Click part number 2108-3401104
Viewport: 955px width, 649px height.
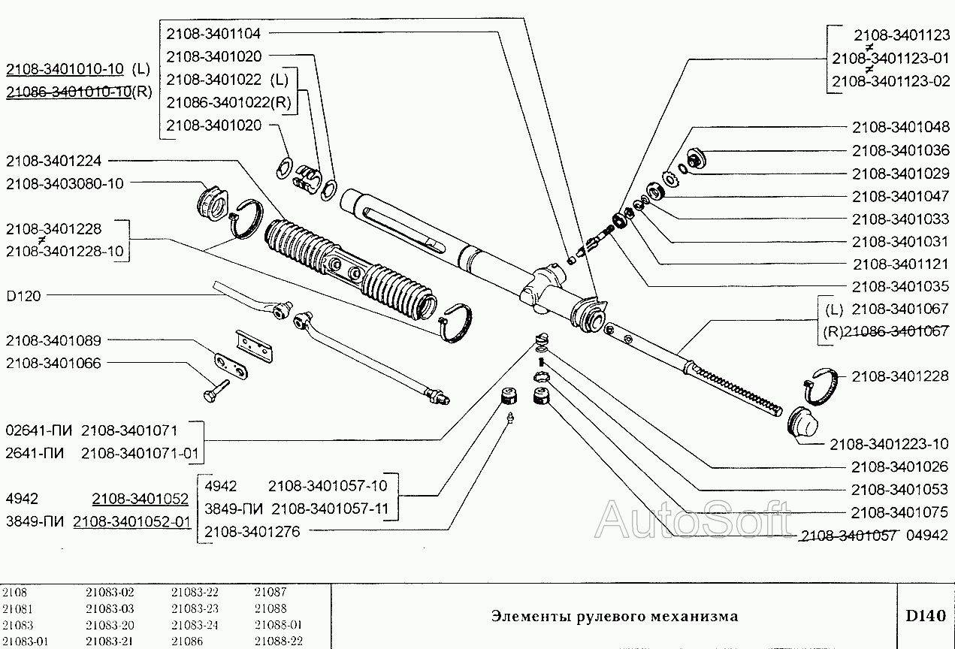(x=213, y=33)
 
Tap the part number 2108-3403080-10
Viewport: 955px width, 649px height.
(x=65, y=183)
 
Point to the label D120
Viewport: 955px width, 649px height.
(x=23, y=296)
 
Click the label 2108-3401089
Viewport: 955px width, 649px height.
(x=53, y=340)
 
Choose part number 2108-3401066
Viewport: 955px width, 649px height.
(x=53, y=363)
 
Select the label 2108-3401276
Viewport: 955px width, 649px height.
(x=252, y=532)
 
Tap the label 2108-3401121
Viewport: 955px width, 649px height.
(x=901, y=264)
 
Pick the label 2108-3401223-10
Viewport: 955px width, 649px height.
(x=889, y=444)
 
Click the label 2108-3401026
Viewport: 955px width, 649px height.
(x=901, y=466)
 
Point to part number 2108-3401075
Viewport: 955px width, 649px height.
(x=901, y=512)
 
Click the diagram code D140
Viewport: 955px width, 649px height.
(x=925, y=616)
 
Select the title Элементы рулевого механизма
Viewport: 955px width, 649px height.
(x=615, y=616)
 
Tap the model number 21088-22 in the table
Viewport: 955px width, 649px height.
(x=278, y=641)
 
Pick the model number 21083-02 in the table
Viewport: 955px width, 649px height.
(x=110, y=592)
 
